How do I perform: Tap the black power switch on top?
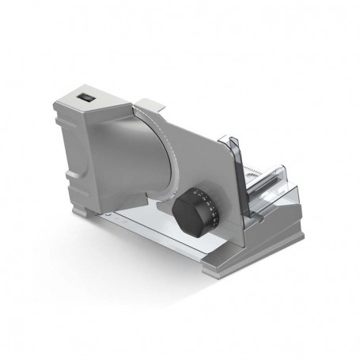(x=86, y=98)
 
